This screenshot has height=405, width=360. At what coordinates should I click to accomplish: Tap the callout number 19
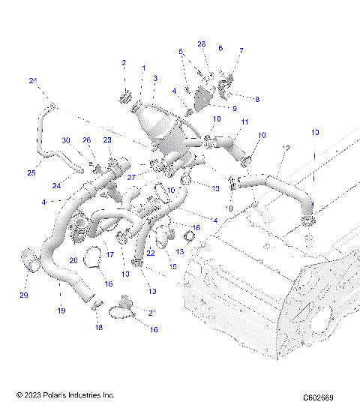[61, 310]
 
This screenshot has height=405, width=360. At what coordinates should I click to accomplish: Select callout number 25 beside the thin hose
[31, 173]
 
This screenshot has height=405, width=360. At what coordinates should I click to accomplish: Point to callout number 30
[66, 141]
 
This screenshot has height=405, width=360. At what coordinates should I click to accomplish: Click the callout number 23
[107, 139]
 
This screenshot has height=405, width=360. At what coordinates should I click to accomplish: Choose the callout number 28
[201, 44]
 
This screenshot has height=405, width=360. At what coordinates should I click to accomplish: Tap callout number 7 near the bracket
[241, 50]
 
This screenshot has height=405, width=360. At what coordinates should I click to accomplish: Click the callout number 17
[109, 255]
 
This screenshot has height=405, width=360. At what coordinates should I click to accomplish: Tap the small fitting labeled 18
[96, 304]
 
